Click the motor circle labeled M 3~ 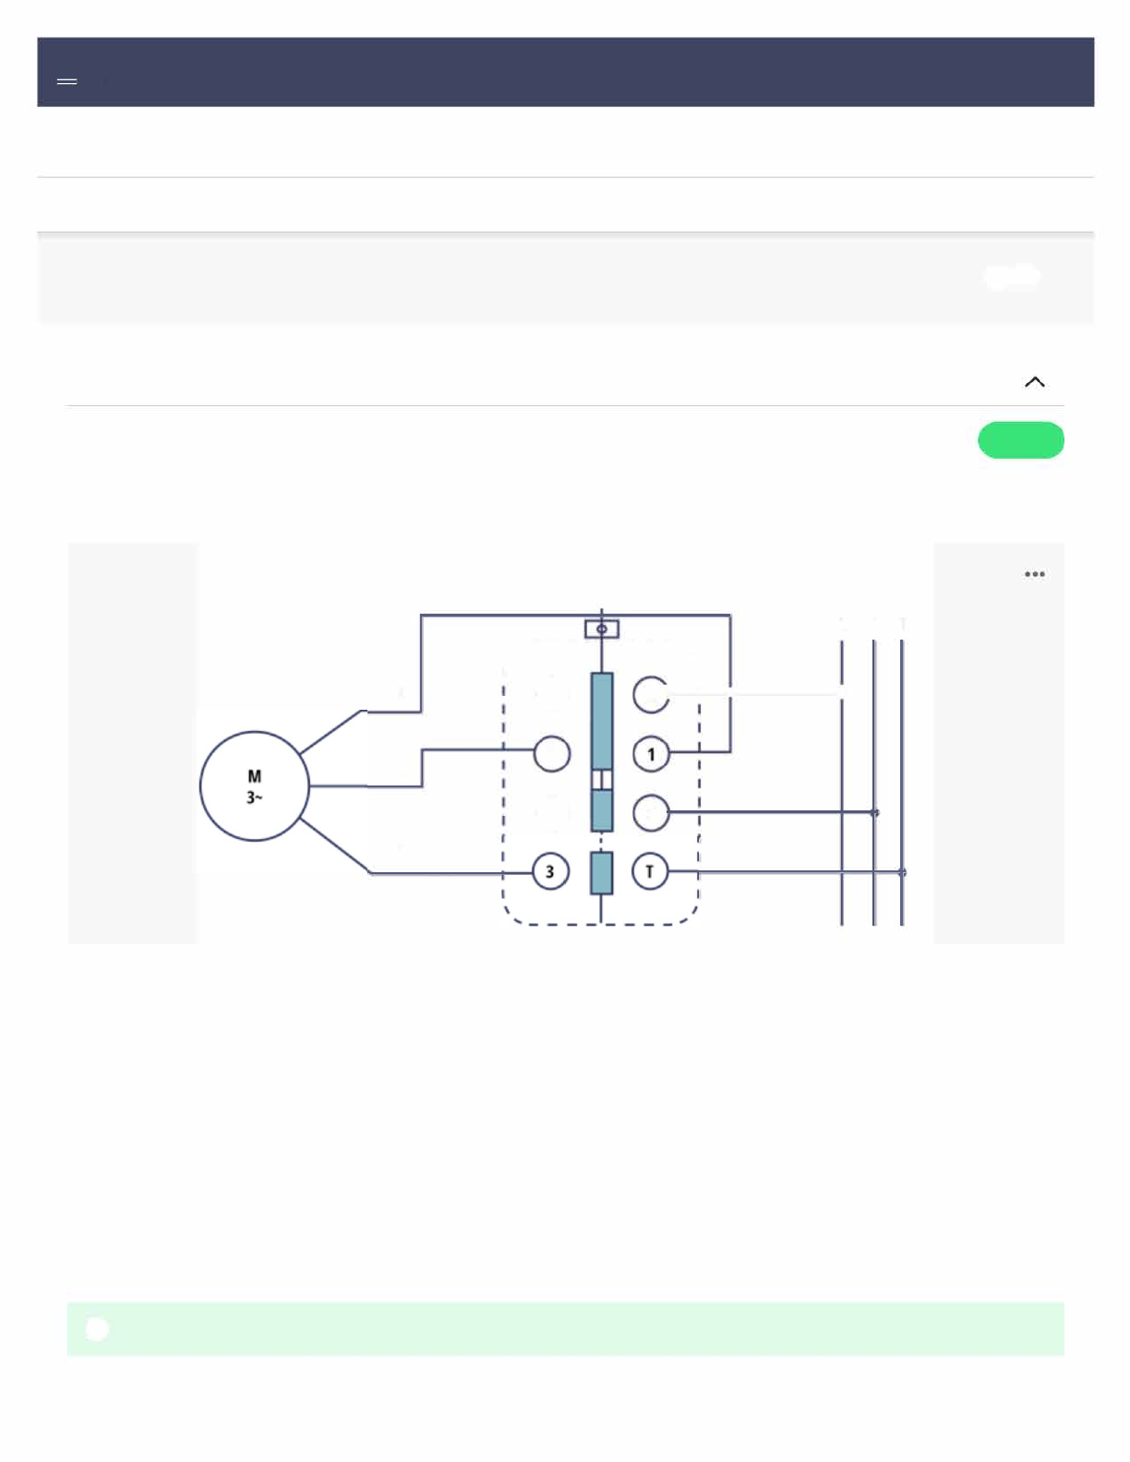click(x=254, y=785)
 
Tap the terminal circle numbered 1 click(x=651, y=754)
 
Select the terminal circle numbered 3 click(x=550, y=871)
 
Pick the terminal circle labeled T click(x=650, y=871)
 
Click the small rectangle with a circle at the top click(x=602, y=629)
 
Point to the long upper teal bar click(x=602, y=720)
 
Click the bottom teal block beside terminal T click(x=602, y=872)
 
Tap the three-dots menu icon click(x=1035, y=574)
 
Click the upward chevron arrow click(x=1035, y=382)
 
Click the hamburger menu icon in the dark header click(x=66, y=82)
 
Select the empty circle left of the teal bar click(x=552, y=754)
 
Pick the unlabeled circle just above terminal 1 click(x=651, y=694)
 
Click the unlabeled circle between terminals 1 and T click(x=651, y=812)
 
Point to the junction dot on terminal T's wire click(x=902, y=872)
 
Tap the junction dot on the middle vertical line click(x=874, y=812)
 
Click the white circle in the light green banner click(x=97, y=1329)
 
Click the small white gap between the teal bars click(x=602, y=780)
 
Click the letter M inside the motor click(x=254, y=776)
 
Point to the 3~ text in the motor click(x=254, y=797)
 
